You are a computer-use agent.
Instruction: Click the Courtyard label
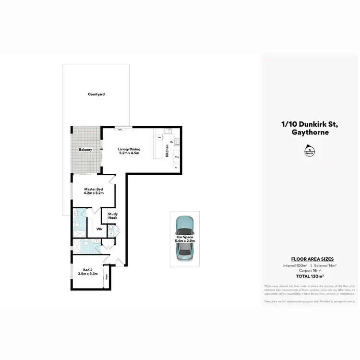(96, 94)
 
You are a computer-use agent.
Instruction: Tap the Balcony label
(85, 150)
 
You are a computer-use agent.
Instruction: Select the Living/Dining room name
(129, 149)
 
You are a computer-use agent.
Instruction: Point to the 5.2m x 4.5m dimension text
(129, 153)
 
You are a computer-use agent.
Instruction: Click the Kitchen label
(167, 151)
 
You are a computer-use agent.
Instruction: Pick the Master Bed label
(93, 189)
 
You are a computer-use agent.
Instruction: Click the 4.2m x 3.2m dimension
(93, 193)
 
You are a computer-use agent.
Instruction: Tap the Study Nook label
(112, 216)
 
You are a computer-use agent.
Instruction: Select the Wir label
(99, 229)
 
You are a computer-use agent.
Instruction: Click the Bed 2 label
(88, 270)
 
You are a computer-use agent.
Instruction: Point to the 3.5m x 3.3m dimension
(88, 274)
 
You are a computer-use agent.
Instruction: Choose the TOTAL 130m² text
(310, 276)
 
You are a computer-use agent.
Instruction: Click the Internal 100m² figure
(294, 265)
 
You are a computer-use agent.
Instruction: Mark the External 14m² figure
(325, 265)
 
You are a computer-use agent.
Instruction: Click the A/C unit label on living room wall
(120, 130)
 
